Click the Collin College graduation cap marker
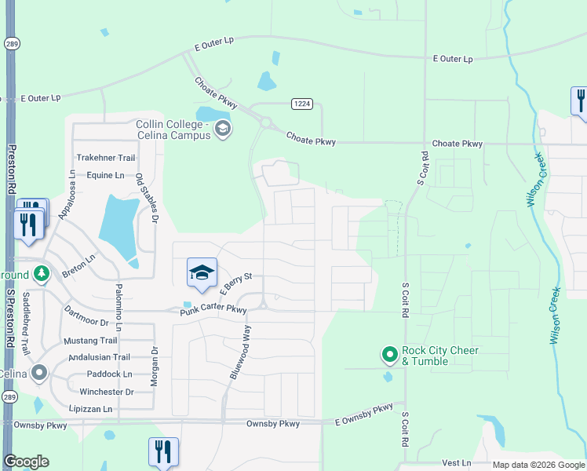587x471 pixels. pos(223,129)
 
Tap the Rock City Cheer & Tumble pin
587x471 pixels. pos(389,355)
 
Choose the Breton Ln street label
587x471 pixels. pos(78,258)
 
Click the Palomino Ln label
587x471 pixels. pos(118,305)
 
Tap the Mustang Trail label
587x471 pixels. pos(89,341)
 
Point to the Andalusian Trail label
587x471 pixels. pos(100,357)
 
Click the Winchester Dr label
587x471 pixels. pos(108,392)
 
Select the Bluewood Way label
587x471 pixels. pos(239,353)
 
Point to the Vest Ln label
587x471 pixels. pos(456,463)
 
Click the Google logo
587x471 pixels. pos(26,462)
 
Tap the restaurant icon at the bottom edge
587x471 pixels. pos(162,452)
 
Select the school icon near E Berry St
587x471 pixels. pos(202,272)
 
